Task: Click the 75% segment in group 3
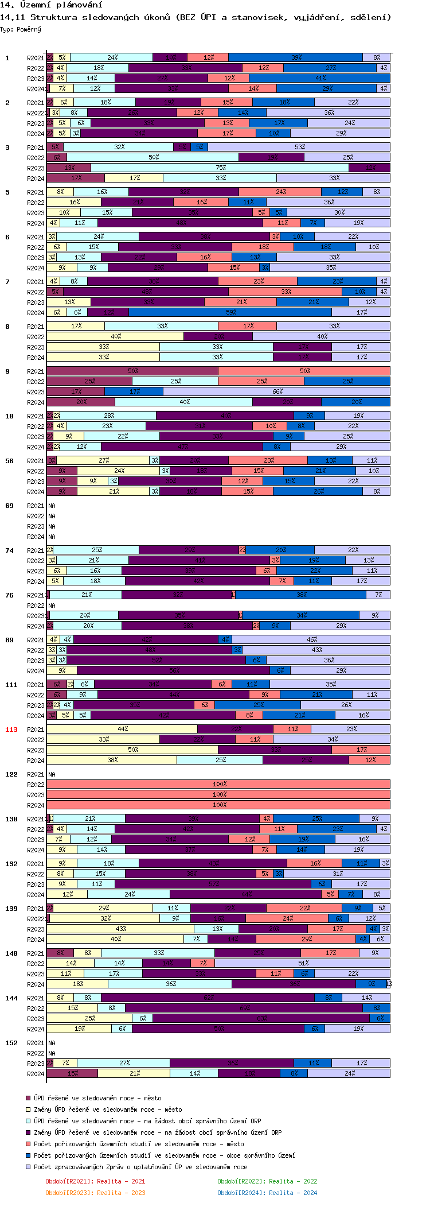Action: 220,168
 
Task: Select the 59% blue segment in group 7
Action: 230,313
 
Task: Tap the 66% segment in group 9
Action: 277,392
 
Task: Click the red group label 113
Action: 11,730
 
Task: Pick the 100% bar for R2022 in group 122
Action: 218,785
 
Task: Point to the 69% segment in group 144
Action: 244,1008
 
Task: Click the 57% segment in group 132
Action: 214,884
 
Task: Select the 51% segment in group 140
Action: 303,964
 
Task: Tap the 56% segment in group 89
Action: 174,671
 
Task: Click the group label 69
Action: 9,506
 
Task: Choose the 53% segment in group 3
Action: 299,148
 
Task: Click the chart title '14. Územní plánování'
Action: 51,5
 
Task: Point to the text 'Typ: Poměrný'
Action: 21,29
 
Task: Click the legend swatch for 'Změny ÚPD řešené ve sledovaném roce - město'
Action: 28,1109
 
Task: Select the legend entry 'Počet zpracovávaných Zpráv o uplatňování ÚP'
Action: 140,1167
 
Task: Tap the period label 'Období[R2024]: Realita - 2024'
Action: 267,1193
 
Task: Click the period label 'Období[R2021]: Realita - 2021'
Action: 95,1181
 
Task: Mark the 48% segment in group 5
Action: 181,223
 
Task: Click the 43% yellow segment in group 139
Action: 120,929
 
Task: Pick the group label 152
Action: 11,1043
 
